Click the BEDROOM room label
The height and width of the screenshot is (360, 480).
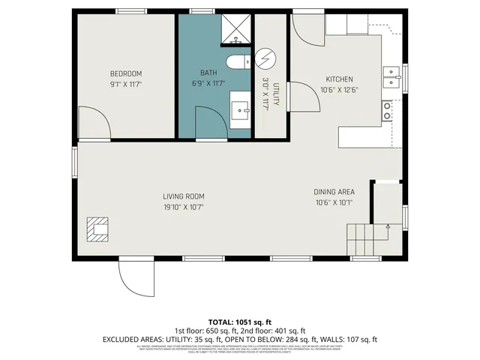pyautogui.click(x=126, y=73)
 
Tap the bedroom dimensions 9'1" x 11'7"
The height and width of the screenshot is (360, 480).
pyautogui.click(x=126, y=85)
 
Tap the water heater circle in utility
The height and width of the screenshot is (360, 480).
pyautogui.click(x=267, y=59)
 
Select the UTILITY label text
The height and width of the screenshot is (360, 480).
pyautogui.click(x=276, y=96)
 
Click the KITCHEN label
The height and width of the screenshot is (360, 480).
pyautogui.click(x=339, y=79)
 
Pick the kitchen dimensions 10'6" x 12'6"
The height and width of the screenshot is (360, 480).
pyautogui.click(x=339, y=91)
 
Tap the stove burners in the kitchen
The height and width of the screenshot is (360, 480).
pyautogui.click(x=388, y=111)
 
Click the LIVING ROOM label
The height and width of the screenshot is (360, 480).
pyautogui.click(x=184, y=196)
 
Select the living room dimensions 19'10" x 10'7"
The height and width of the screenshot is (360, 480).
pyautogui.click(x=184, y=207)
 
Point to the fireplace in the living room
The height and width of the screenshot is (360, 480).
pyautogui.click(x=98, y=229)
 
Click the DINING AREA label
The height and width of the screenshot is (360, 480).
pyautogui.click(x=334, y=192)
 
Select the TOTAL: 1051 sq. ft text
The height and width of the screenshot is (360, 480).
pyautogui.click(x=239, y=322)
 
